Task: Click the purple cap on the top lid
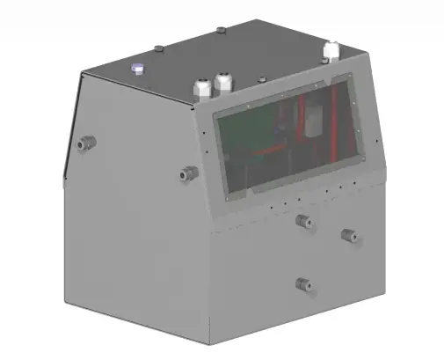(137, 68)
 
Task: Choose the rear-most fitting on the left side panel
(85, 140)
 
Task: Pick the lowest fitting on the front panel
(303, 283)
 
